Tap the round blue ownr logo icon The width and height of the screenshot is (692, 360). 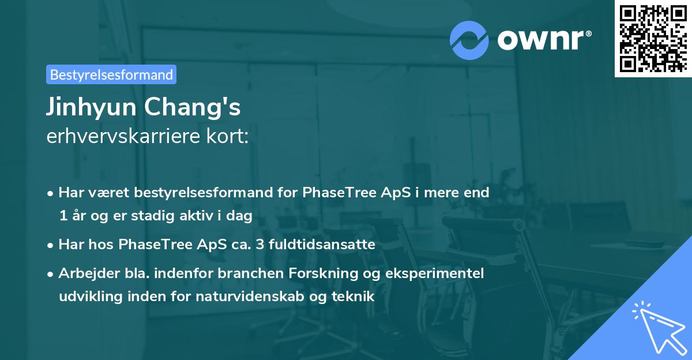[469, 40]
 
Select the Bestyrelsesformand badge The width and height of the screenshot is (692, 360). [111, 74]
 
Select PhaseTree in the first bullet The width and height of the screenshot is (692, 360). [332, 193]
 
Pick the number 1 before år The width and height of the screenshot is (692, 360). [62, 216]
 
